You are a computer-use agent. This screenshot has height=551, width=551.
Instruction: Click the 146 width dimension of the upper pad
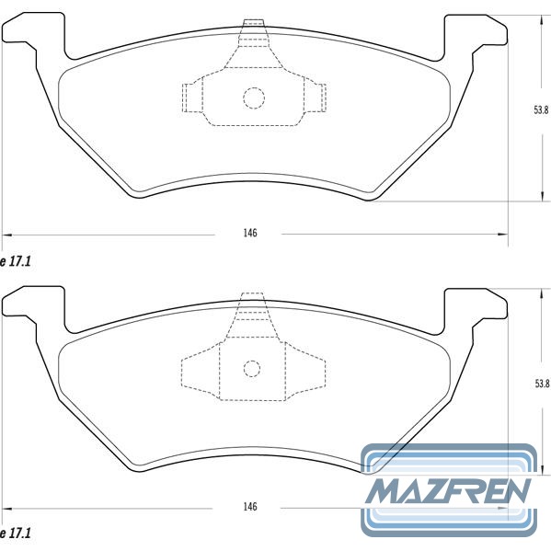250,233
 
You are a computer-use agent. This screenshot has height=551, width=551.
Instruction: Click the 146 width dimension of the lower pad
250,506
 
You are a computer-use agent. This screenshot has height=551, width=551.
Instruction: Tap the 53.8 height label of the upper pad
541,110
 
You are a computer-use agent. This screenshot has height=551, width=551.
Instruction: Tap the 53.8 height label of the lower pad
542,384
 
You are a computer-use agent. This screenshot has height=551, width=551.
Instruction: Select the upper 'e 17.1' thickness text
16,261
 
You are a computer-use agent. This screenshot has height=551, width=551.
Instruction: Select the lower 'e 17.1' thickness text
16,534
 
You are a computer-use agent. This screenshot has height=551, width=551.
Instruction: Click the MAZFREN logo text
448,490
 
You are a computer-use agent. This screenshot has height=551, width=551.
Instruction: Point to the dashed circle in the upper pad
254,87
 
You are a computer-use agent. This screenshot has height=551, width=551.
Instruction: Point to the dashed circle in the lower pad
252,361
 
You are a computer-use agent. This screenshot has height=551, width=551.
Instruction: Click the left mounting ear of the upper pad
34,35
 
